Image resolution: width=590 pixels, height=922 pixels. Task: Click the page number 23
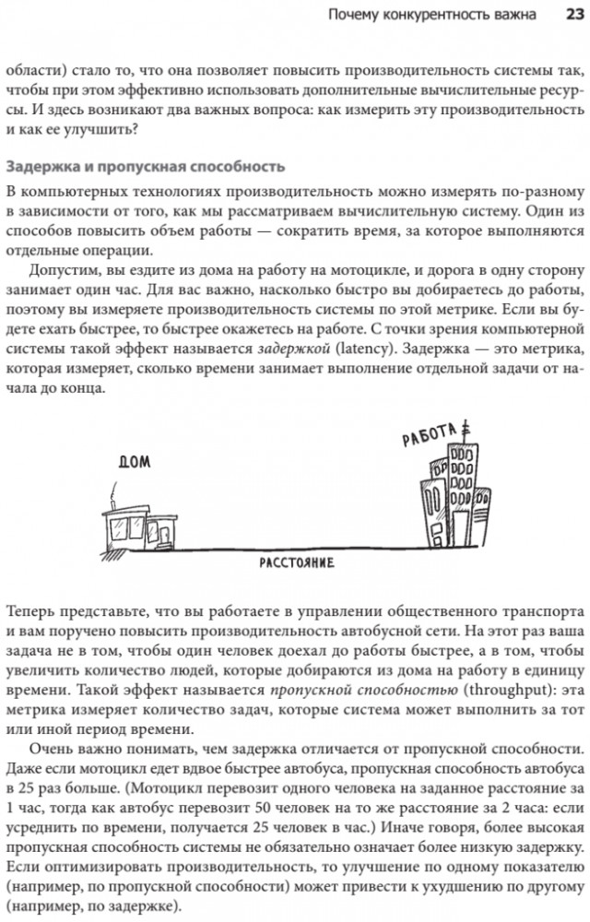(x=565, y=14)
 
